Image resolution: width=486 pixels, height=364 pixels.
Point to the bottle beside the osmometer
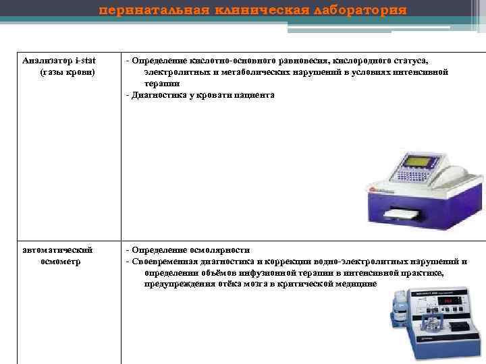click(398, 310)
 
